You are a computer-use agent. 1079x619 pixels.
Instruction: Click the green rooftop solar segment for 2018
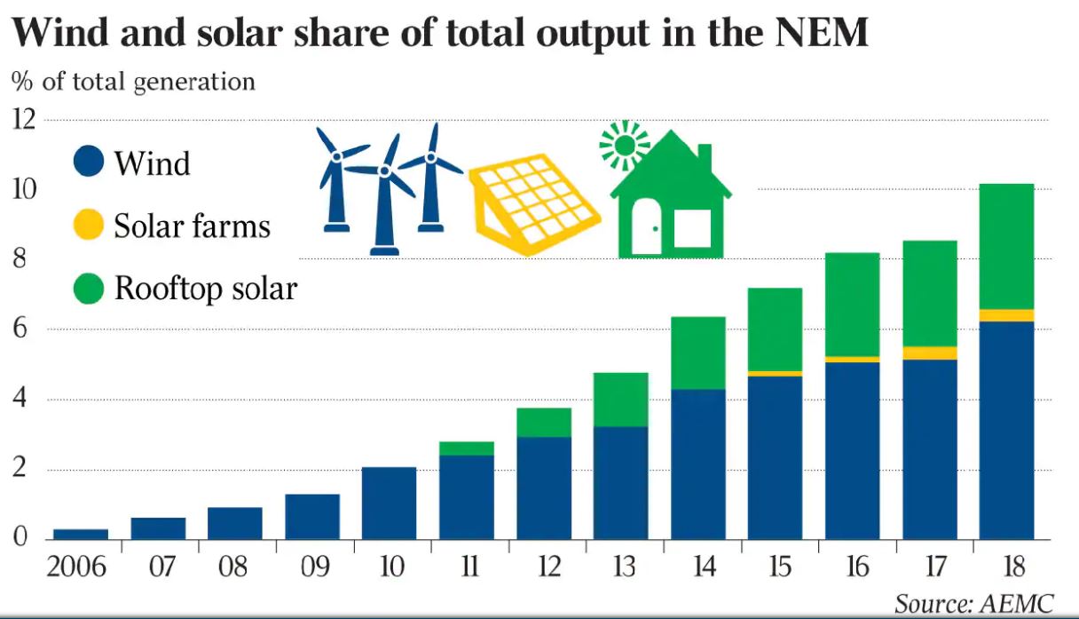click(x=1006, y=246)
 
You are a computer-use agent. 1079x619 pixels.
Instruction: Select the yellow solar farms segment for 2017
click(x=930, y=353)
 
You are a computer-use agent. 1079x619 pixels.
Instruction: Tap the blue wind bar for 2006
click(x=81, y=534)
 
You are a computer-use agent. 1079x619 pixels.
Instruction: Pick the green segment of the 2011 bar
click(x=468, y=448)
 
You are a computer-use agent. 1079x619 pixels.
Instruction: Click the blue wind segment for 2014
click(x=698, y=464)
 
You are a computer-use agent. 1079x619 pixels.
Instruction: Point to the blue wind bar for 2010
click(x=390, y=503)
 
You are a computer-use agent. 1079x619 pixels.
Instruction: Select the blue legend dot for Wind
click(x=89, y=163)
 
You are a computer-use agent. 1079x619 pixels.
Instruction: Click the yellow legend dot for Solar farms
click(x=89, y=226)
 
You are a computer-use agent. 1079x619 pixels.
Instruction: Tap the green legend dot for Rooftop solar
click(x=89, y=289)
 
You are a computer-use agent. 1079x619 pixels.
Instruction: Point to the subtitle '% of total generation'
click(x=133, y=82)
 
